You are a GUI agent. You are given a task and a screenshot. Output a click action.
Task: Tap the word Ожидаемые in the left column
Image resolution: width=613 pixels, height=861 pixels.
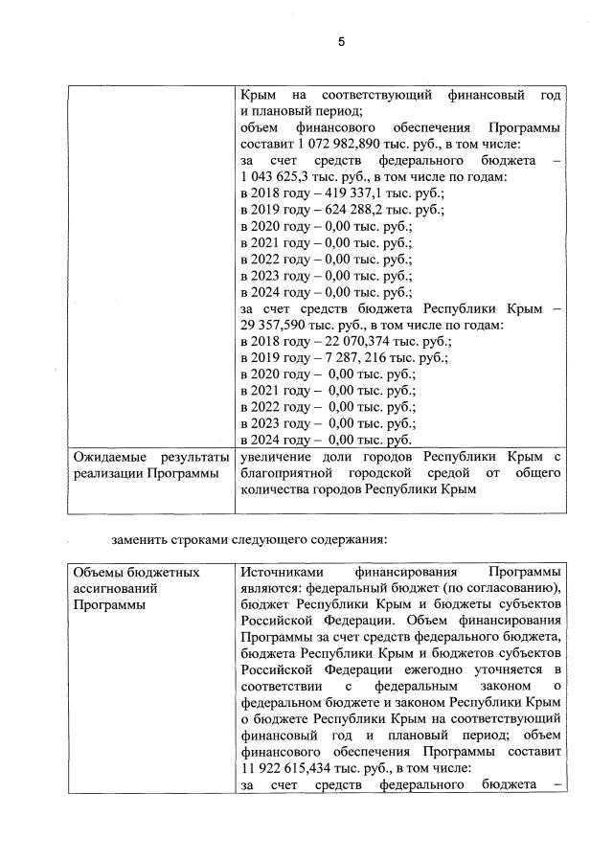click(x=110, y=457)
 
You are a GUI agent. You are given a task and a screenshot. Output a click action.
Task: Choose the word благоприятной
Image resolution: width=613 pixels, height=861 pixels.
click(x=291, y=473)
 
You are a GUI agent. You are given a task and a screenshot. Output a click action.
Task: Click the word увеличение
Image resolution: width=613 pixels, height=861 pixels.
click(x=279, y=457)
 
